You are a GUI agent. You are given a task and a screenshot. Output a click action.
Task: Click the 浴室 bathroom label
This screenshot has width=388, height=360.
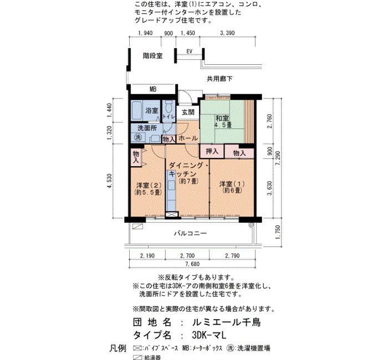[152, 111]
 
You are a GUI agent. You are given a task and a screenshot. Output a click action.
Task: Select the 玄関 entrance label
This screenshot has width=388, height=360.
[188, 112]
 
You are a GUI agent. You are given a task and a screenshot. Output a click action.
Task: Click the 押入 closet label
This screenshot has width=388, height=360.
[212, 151]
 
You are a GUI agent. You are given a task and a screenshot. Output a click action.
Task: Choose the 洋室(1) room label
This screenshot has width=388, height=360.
[232, 187]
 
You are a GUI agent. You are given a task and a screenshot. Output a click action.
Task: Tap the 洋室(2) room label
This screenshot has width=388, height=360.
[149, 188]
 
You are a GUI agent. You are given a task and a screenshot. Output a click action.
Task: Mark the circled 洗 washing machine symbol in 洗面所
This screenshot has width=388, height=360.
[138, 137]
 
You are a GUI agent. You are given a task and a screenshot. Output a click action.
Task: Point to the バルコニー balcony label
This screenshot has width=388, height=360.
[190, 233]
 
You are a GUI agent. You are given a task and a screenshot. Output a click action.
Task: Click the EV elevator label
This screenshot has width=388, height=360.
[190, 52]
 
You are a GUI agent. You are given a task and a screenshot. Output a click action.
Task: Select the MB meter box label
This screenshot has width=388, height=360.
[153, 89]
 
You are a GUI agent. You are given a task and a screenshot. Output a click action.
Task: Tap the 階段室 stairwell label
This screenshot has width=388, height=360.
[152, 55]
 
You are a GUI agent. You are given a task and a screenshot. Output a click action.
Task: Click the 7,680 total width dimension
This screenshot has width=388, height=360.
[192, 264]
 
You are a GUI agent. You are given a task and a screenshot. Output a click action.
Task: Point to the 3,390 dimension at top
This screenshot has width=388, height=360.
[227, 33]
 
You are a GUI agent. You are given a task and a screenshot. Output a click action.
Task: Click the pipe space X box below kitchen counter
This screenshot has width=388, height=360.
[171, 214]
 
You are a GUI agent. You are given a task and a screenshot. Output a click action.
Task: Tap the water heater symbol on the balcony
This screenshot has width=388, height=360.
[137, 226]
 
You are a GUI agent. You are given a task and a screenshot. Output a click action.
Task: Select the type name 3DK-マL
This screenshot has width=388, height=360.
[209, 335]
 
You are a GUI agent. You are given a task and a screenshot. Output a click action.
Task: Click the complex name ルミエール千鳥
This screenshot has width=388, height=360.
[226, 322]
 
